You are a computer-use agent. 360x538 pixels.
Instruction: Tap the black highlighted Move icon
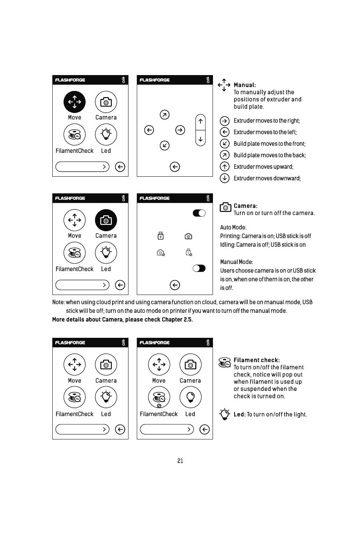pos(75,102)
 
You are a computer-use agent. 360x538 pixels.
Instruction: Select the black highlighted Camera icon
pos(106,220)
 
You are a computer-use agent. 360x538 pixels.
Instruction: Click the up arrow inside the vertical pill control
pos(200,122)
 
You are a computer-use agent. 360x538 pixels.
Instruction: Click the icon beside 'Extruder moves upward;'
pos(225,167)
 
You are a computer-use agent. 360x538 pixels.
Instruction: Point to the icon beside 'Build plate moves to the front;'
pos(225,144)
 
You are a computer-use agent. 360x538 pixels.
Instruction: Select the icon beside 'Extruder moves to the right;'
pos(225,121)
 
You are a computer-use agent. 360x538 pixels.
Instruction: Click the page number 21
pos(180,461)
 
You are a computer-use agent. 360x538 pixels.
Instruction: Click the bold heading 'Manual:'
pos(244,85)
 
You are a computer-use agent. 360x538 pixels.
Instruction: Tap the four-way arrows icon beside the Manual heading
pos(224,85)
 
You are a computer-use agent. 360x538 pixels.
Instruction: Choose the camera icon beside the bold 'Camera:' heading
pos(225,207)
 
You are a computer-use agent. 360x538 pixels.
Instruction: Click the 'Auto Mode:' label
pos(233,227)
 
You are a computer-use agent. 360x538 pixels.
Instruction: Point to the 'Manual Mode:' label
pos(236,262)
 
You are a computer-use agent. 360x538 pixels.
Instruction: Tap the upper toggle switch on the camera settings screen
pos(199,213)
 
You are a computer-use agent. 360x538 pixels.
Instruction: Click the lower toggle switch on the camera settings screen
pos(199,268)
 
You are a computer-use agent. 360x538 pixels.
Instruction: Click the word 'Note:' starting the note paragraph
pos(58,302)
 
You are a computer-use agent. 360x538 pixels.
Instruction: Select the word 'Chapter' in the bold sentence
pos(172,320)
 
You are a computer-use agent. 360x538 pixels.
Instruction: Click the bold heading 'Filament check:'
pos(257,360)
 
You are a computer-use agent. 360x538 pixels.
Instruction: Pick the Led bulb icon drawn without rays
pos(190,397)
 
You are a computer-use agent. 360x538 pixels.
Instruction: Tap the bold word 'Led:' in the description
pos(239,414)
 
